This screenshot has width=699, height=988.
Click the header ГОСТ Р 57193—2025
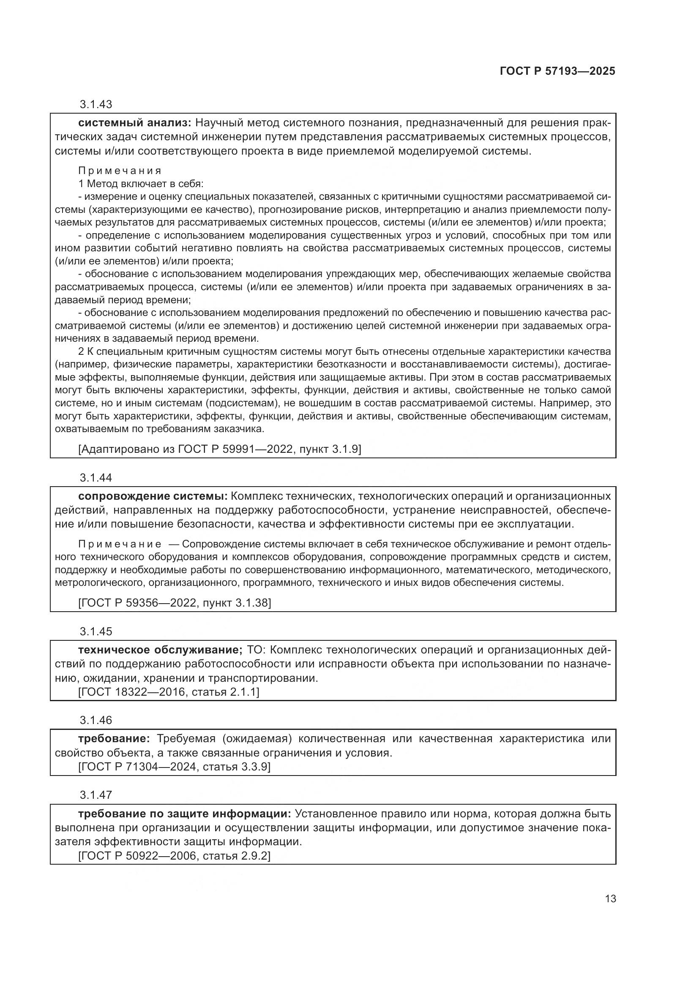pos(557,71)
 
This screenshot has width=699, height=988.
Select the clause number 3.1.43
pos(96,104)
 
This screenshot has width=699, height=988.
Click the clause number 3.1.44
pos(96,478)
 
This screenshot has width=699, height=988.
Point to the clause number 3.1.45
pos(96,631)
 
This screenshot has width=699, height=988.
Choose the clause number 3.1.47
pos(96,795)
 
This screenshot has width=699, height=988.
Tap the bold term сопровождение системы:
pos(153,496)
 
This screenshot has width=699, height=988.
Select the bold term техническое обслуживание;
pos(161,650)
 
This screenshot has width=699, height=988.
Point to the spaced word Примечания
pos(120,171)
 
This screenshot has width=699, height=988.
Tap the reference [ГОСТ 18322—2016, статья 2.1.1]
pos(169,692)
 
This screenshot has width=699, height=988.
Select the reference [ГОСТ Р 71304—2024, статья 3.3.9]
pos(174,766)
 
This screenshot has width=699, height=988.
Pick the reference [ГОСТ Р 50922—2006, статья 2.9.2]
pos(174,855)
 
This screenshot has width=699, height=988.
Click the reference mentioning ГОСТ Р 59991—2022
pos(219,449)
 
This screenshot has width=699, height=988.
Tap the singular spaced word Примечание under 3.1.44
pos(120,544)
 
